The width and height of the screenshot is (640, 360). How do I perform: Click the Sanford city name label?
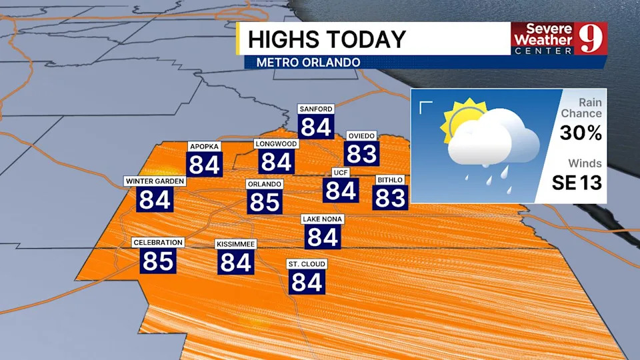click(316, 109)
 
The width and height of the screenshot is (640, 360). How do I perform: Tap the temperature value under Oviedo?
click(362, 153)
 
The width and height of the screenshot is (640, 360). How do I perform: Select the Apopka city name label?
click(204, 147)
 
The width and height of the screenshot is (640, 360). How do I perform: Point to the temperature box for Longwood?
click(276, 162)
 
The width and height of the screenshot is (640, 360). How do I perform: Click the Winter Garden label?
click(155, 181)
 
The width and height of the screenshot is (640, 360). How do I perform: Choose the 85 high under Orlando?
click(265, 202)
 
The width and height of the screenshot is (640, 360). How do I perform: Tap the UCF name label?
click(341, 173)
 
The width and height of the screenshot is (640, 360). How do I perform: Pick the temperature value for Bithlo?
click(390, 197)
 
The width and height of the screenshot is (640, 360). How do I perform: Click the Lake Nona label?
click(323, 219)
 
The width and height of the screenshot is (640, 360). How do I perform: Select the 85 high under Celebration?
click(158, 261)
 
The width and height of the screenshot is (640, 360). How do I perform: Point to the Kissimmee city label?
click(235, 245)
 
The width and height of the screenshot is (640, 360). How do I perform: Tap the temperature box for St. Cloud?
click(307, 282)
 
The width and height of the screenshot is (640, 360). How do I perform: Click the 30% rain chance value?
click(581, 133)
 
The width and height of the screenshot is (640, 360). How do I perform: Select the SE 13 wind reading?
click(577, 182)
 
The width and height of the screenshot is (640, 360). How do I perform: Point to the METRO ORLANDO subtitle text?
click(304, 63)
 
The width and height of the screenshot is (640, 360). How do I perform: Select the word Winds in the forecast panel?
click(585, 163)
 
